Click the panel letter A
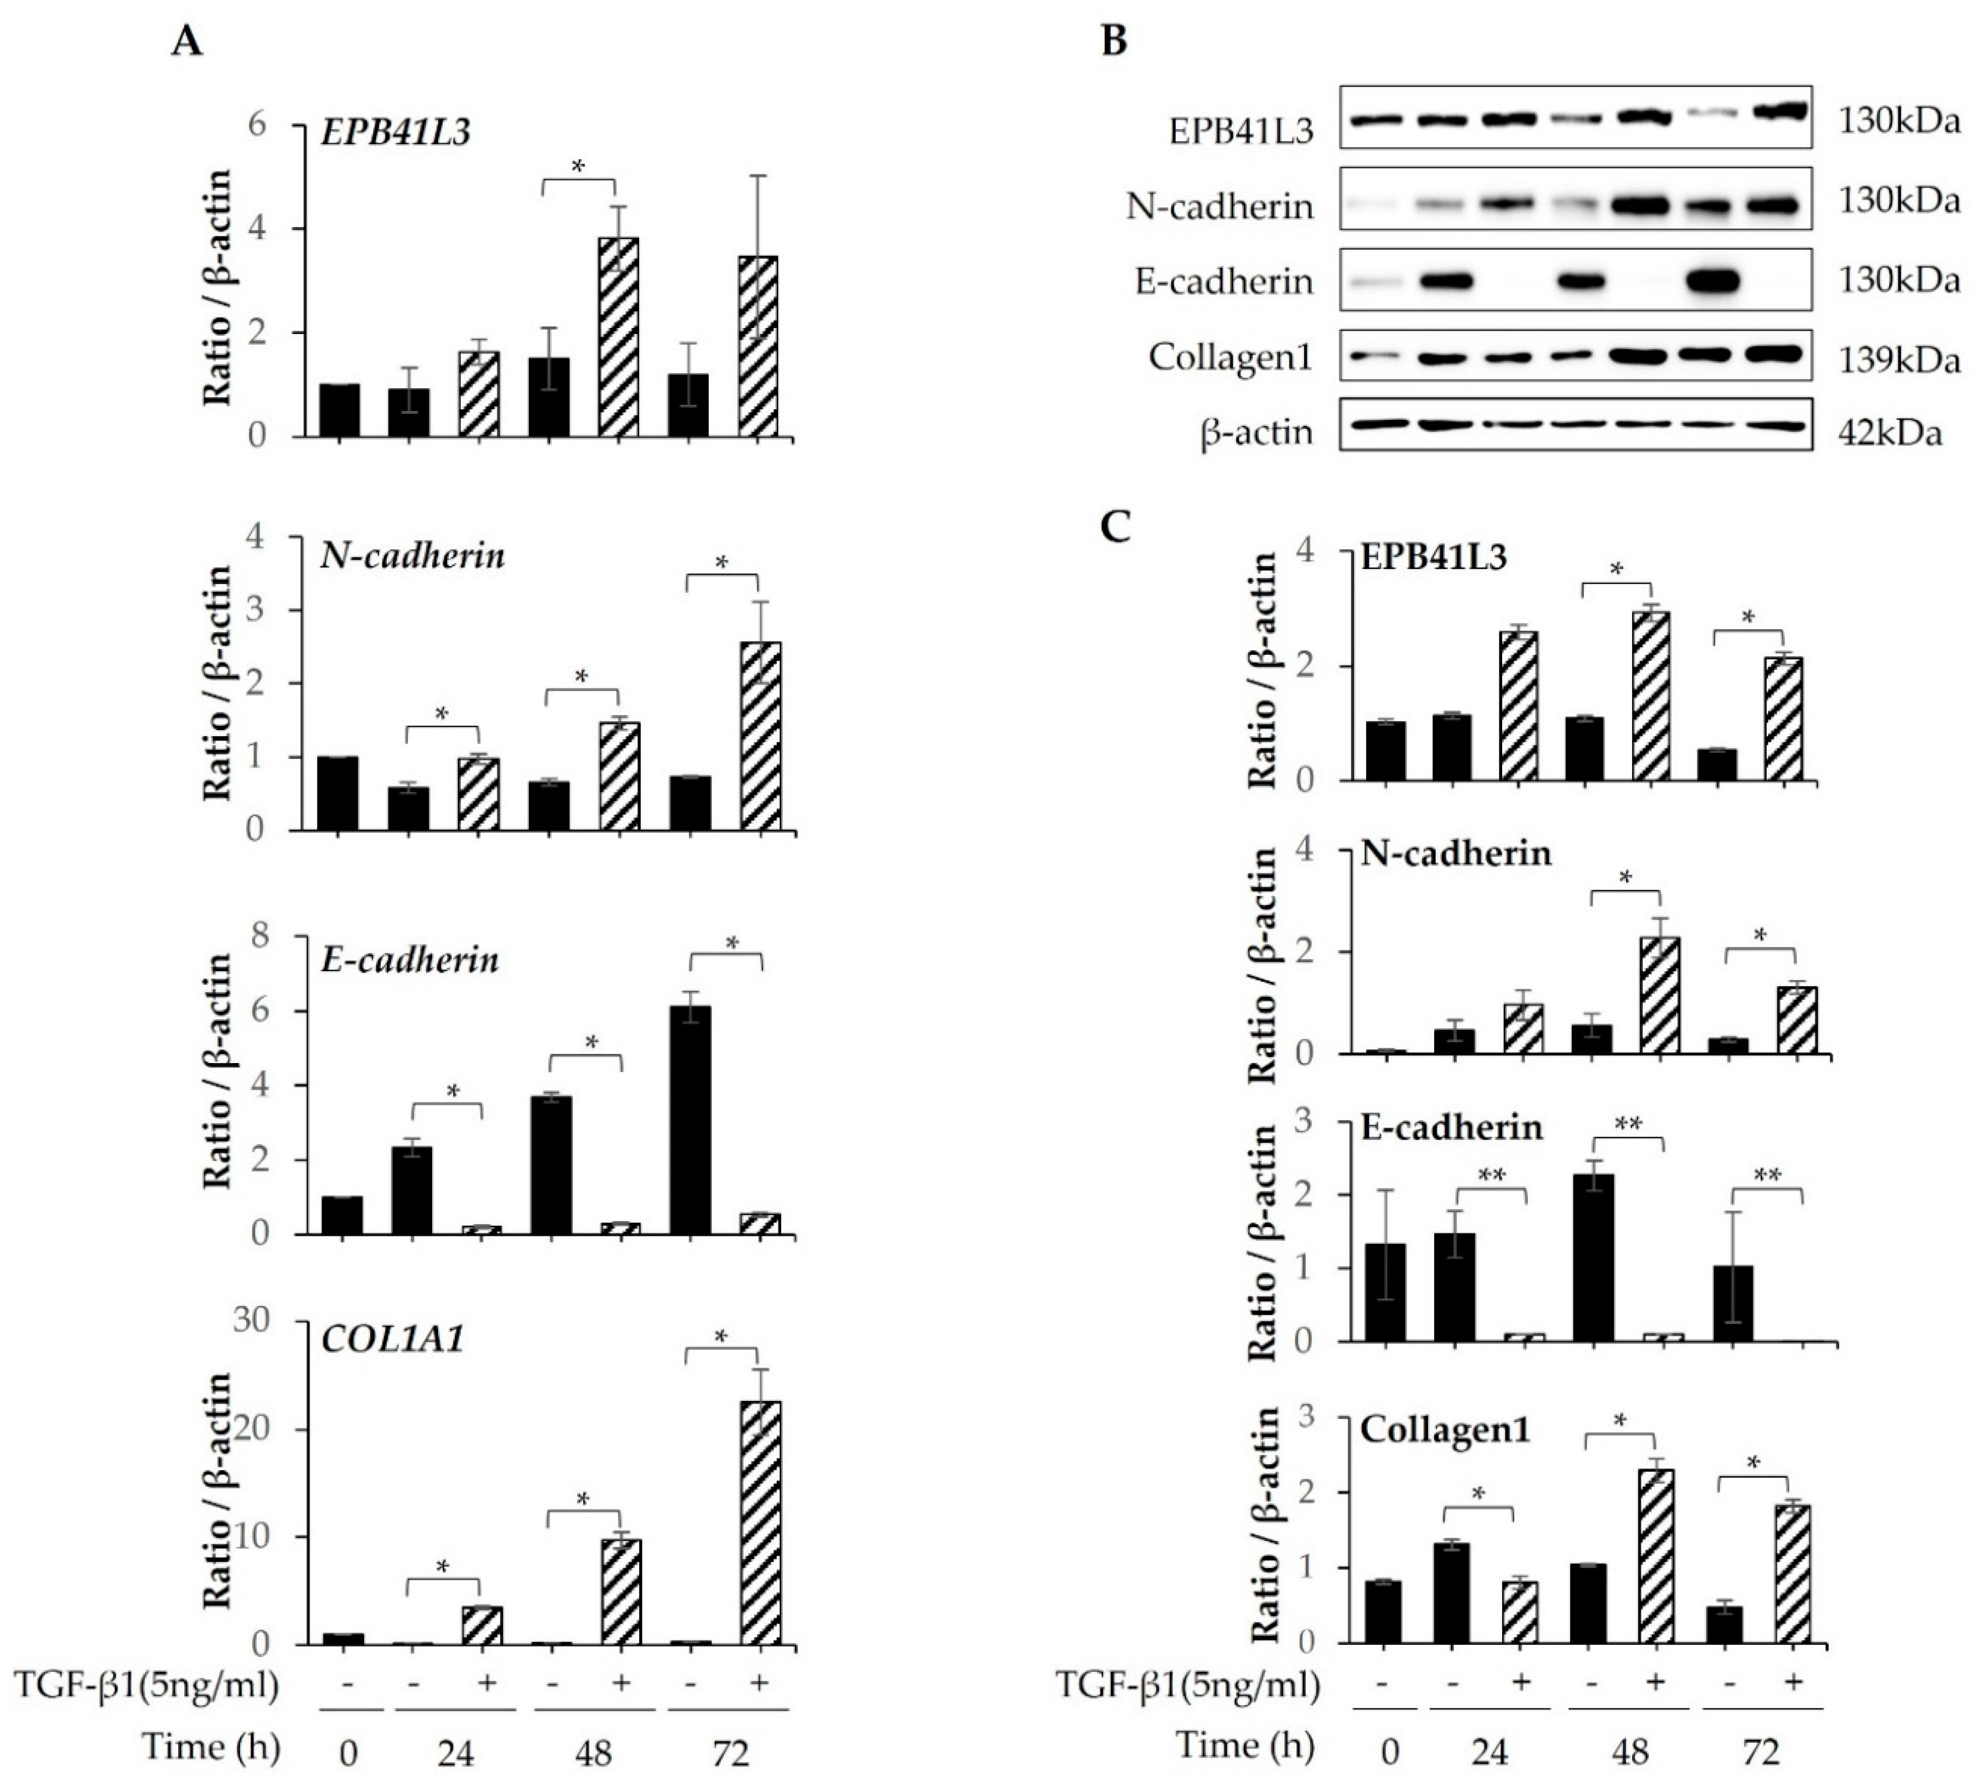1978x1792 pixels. pyautogui.click(x=186, y=41)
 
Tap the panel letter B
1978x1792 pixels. pyautogui.click(x=1114, y=41)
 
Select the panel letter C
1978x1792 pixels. pyautogui.click(x=1115, y=527)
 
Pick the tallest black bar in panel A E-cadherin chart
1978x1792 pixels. pyautogui.click(x=691, y=1119)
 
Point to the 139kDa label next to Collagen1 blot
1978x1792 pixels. pyautogui.click(x=1898, y=360)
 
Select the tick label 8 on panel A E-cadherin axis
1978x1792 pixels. pyautogui.click(x=260, y=937)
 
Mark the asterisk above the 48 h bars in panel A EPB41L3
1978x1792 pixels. pyautogui.click(x=578, y=166)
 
